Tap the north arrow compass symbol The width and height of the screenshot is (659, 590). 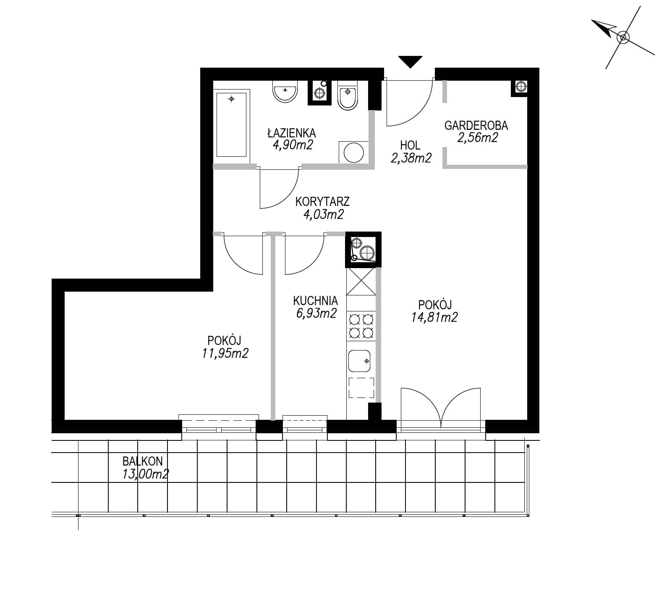coord(623,38)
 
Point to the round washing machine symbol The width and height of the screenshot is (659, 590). coord(354,152)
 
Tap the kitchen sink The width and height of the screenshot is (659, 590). coord(359,361)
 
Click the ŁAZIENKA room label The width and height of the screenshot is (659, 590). coord(291,133)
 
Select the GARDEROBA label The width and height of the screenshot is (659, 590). coord(476,125)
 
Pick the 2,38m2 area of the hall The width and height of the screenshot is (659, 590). coord(411,158)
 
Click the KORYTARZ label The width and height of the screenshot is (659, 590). coord(322,202)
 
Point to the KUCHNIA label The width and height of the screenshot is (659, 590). coord(316,301)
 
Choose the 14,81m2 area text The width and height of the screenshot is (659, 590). coord(434,317)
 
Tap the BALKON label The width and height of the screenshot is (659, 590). coord(142,461)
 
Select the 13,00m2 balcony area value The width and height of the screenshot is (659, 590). coord(145,474)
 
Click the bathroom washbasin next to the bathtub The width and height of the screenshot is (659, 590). coord(285,91)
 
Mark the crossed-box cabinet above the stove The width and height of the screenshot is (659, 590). coord(361,282)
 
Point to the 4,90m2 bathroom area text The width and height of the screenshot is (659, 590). coord(293,145)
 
